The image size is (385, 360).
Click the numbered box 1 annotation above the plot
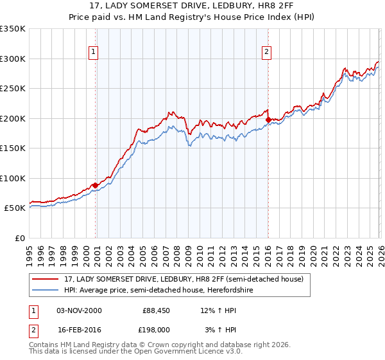pos(94,52)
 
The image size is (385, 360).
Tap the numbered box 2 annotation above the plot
pos(266,52)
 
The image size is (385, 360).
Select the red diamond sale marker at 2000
pos(96,185)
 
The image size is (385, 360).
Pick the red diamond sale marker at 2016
pos(268,120)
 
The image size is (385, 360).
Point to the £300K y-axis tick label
pos(13,59)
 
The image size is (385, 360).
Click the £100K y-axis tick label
pos(13,178)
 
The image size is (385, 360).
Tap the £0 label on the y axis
pos(19,238)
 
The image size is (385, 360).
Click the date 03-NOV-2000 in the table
pos(79,310)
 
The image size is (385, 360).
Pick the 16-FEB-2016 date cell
pos(79,330)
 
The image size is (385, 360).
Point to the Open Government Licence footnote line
pos(136,352)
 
